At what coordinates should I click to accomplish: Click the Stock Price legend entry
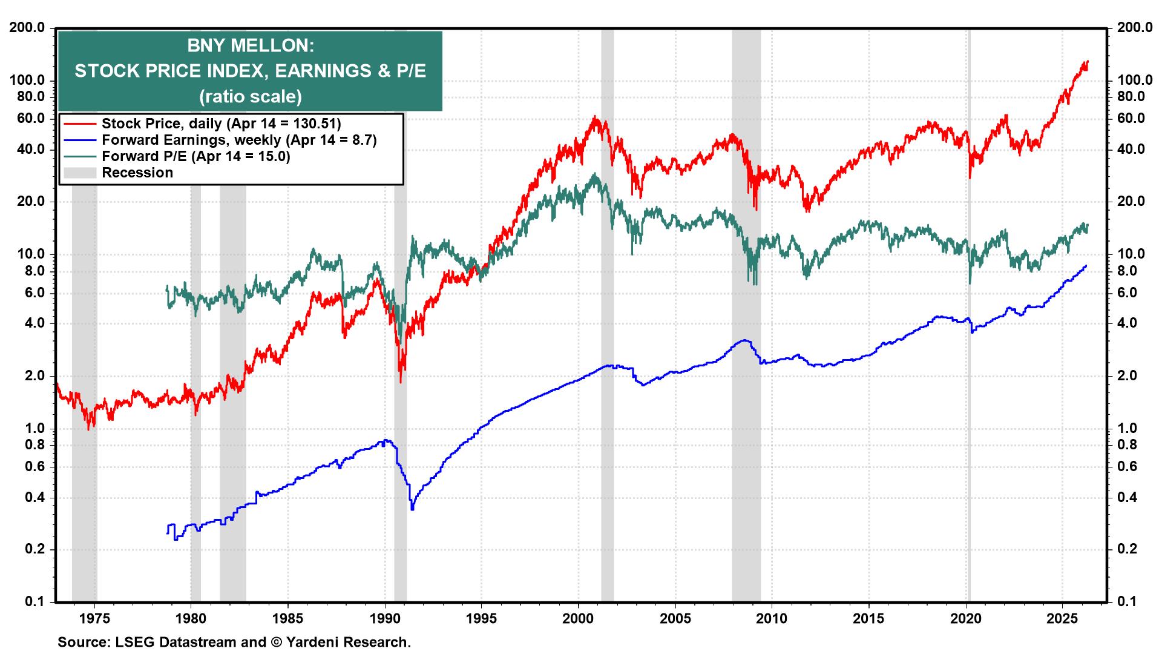click(x=221, y=124)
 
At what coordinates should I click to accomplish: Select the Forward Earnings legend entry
click(x=239, y=140)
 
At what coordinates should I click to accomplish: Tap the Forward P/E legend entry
click(x=195, y=156)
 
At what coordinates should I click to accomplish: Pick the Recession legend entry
click(x=137, y=173)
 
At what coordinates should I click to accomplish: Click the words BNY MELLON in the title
click(x=250, y=46)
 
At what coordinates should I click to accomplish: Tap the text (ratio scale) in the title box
click(x=250, y=96)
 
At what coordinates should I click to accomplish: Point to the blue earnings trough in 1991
click(x=413, y=508)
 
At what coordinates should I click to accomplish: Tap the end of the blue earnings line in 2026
click(x=1086, y=266)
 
